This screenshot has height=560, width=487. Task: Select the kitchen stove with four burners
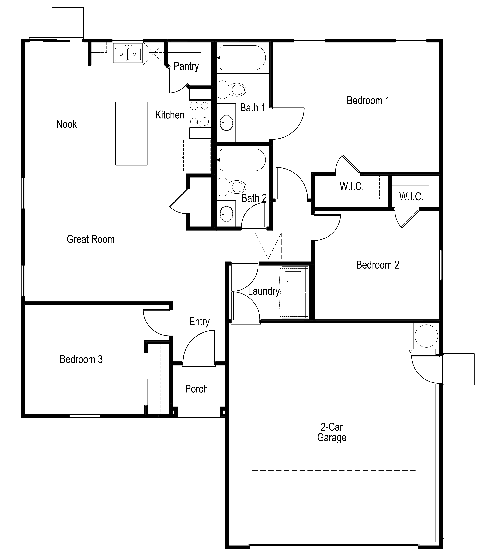coord(199,114)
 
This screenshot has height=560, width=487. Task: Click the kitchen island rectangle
coord(131,133)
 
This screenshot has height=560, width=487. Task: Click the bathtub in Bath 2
coord(242,160)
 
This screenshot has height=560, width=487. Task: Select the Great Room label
coord(90,239)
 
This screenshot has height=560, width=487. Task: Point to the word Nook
coord(67,124)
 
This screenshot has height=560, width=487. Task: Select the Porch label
coord(196,389)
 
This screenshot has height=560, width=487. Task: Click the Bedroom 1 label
coord(368,101)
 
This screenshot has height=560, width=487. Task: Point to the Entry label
coord(199,322)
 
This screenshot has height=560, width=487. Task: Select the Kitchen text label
coord(170,115)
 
